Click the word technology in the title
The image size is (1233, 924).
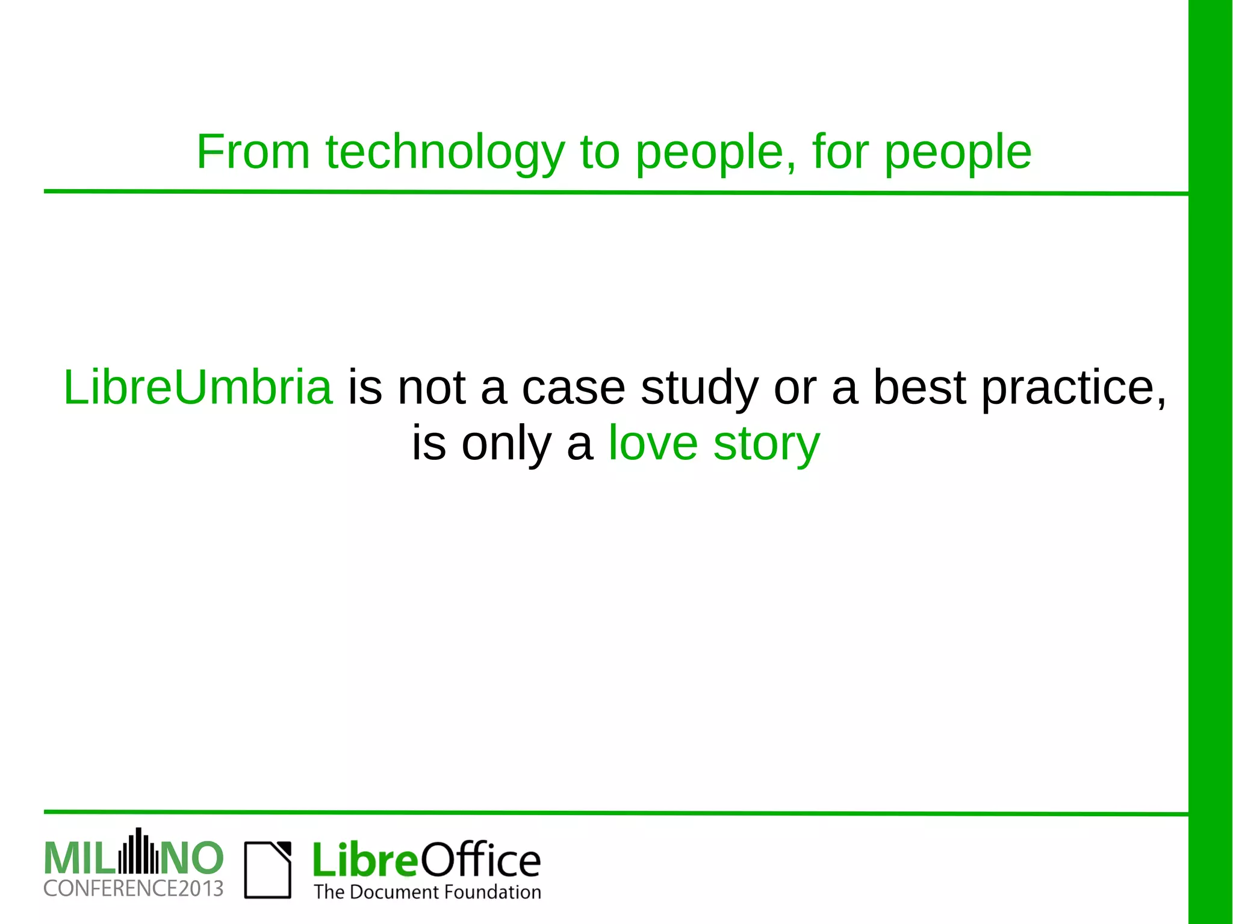pyautogui.click(x=446, y=152)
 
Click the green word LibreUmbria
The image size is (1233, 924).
pyautogui.click(x=198, y=387)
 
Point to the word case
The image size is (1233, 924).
pyautogui.click(x=573, y=388)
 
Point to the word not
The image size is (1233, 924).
pyautogui.click(x=432, y=388)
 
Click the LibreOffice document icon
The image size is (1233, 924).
pyautogui.click(x=268, y=870)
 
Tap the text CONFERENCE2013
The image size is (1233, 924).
pyautogui.click(x=134, y=888)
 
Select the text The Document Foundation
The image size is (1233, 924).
pyautogui.click(x=427, y=892)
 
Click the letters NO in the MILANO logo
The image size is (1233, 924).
pyautogui.click(x=192, y=858)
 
